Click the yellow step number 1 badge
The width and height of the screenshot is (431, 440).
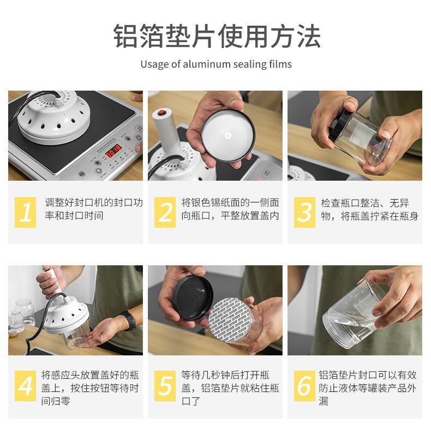pos(26,212)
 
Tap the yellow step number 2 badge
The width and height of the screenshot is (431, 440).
pos(165,212)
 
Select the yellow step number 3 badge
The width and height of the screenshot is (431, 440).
pos(305,212)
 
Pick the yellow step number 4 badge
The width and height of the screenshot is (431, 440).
pos(26,386)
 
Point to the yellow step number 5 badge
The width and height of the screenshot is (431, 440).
pos(165,386)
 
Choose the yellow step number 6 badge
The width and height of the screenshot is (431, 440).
pos(305,386)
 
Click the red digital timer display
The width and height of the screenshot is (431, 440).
pos(113,151)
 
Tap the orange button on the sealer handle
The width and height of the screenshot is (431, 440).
pos(161,112)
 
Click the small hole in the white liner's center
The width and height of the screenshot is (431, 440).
pos(228,136)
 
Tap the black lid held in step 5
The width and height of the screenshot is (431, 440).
pos(193,298)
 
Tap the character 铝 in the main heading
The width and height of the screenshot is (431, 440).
pos(126,37)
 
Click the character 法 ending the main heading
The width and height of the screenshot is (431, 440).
pos(309,37)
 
